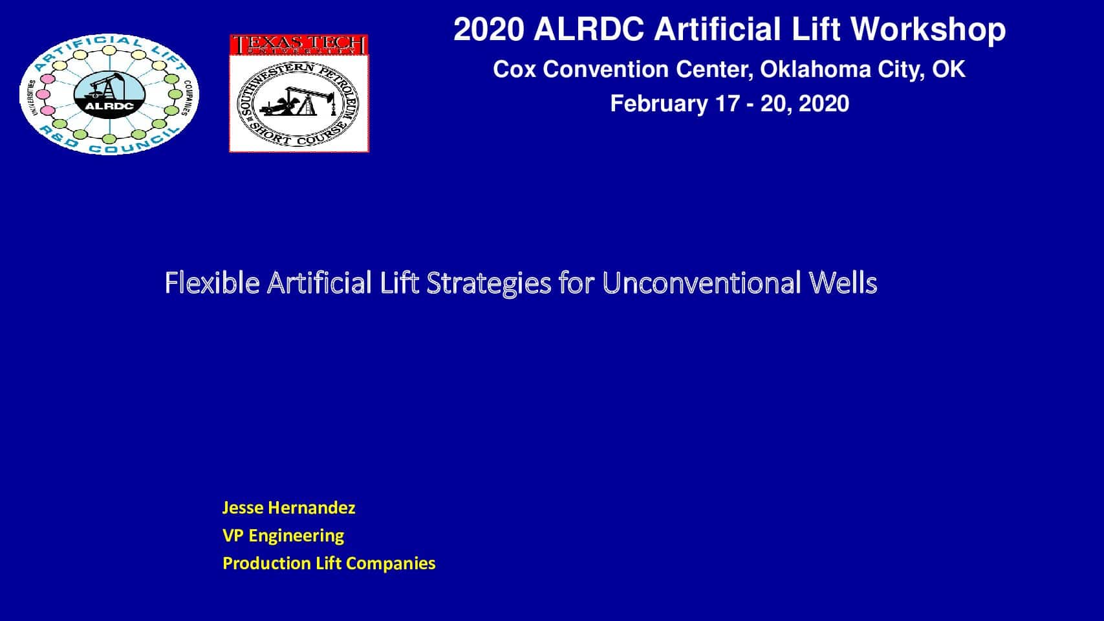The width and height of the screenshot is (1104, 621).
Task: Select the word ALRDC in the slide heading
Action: tap(589, 30)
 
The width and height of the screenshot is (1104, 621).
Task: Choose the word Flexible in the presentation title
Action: tap(212, 283)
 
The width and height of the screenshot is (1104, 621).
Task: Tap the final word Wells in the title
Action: tap(843, 283)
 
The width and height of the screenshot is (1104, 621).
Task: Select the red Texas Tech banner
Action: tap(299, 45)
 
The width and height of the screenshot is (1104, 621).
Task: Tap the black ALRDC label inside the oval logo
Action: tap(109, 106)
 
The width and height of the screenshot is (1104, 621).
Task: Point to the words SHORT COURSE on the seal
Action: tap(298, 133)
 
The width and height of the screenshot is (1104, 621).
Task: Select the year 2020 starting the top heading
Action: tap(489, 30)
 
